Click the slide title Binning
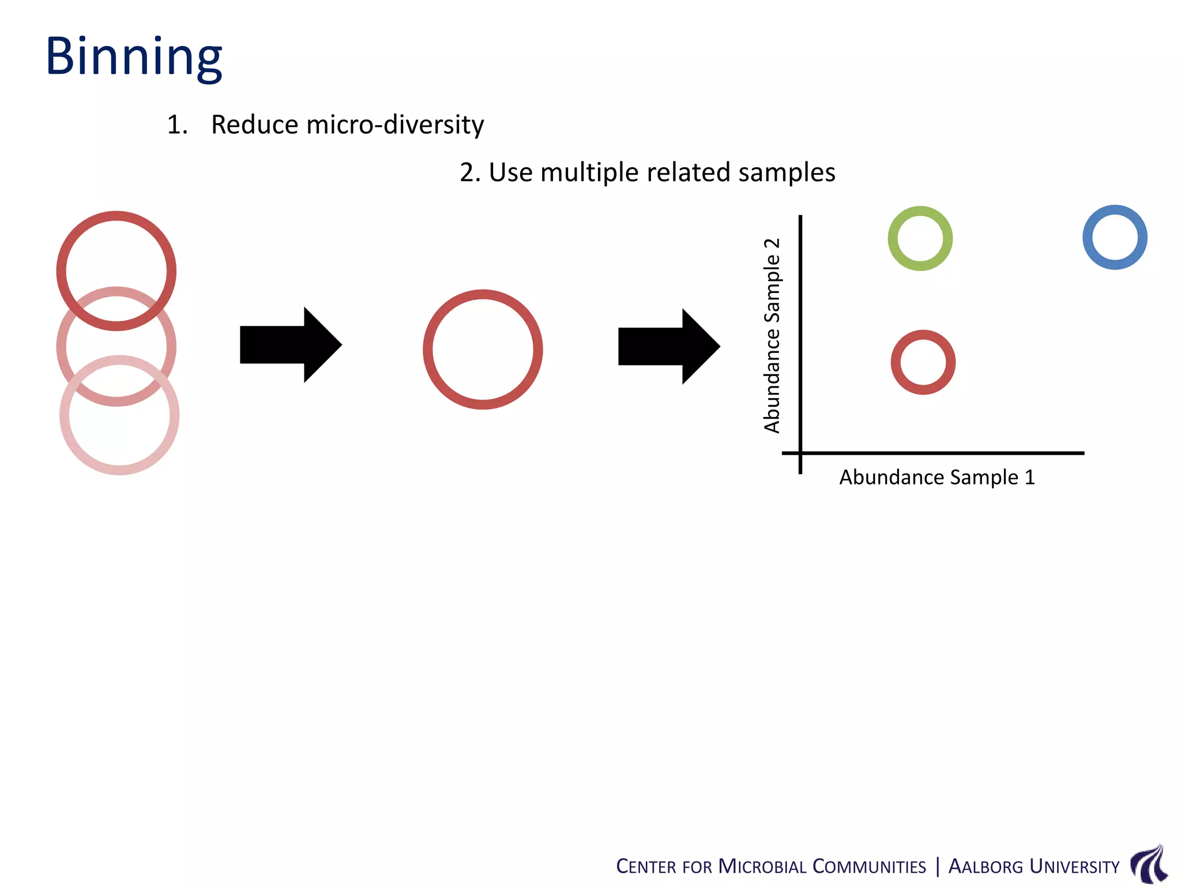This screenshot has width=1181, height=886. click(x=134, y=57)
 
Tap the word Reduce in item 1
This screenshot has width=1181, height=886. click(x=254, y=125)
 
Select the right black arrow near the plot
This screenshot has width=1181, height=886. click(x=668, y=346)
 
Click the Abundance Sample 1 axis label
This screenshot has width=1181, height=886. click(x=936, y=478)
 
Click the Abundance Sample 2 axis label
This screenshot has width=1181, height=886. click(x=772, y=335)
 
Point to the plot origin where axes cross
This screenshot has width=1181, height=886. click(x=800, y=453)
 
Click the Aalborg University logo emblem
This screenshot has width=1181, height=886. click(x=1149, y=864)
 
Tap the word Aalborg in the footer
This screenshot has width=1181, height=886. click(x=986, y=866)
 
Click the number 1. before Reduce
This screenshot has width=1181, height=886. click(x=176, y=125)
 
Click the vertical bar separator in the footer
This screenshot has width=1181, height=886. click(x=937, y=866)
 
